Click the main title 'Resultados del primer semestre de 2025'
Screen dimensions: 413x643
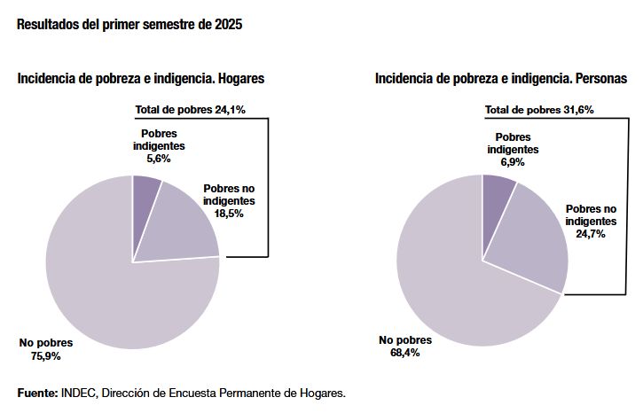click(129, 25)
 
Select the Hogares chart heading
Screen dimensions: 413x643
click(141, 79)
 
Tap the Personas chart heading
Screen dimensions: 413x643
click(501, 79)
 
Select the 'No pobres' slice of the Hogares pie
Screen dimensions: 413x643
click(115, 284)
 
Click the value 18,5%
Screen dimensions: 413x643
click(229, 214)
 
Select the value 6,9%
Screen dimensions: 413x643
click(513, 163)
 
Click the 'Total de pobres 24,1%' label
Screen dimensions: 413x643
click(190, 110)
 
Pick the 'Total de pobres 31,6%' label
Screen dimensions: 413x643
click(539, 110)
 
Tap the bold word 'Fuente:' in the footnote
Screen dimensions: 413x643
click(37, 392)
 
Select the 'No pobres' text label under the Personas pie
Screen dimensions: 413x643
click(405, 340)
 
